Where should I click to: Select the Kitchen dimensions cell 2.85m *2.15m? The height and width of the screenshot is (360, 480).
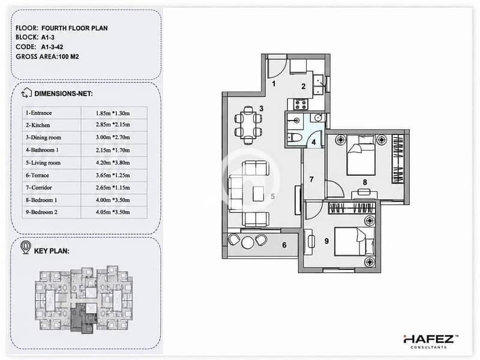(113, 125)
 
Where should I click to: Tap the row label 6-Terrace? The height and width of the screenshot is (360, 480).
(37, 175)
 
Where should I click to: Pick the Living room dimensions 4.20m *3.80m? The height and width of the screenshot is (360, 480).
(113, 163)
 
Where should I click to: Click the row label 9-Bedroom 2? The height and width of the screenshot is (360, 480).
(41, 212)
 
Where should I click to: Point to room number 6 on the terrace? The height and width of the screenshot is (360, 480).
(284, 245)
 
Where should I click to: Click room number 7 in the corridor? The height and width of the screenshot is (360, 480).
(311, 179)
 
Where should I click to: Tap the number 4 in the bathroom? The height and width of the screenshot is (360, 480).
(313, 143)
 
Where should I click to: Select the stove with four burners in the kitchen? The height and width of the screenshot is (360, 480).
(301, 104)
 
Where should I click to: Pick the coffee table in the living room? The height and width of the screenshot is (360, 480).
(259, 194)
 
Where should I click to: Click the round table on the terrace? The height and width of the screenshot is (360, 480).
(247, 242)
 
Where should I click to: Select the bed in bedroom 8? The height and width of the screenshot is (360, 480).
(361, 155)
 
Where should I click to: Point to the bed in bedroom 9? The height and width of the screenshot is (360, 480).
(355, 241)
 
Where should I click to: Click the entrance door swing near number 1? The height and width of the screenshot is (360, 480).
(277, 68)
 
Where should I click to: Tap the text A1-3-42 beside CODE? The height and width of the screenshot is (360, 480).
(52, 47)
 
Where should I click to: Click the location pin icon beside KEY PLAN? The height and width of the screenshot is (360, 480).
(26, 247)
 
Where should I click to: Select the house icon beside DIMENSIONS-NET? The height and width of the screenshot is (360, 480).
(26, 92)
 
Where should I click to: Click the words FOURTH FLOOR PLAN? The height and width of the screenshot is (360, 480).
(74, 28)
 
